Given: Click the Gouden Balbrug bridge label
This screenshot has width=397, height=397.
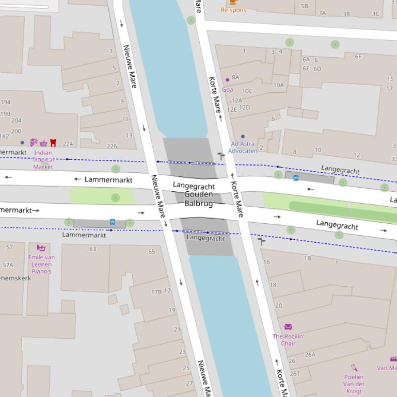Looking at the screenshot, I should coord(198,198).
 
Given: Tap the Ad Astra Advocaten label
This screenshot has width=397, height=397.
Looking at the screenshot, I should coord(243,147).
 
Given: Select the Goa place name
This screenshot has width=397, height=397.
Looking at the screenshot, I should coord(227,89).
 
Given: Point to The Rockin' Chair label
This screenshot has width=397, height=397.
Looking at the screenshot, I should coord(288,340).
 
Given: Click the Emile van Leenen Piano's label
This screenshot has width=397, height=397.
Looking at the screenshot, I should coord(41,264).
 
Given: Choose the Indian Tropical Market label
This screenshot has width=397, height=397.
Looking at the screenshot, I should coord(43,160).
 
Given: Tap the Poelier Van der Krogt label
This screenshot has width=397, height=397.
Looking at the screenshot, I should coord(354,384).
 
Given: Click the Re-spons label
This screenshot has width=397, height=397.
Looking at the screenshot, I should coord(233,10).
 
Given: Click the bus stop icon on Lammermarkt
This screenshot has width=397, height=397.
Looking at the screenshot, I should coord(113,222).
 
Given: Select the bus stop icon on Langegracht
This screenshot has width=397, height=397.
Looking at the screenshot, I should coord(296,178).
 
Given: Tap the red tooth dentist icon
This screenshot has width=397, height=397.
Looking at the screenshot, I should coord(53,143).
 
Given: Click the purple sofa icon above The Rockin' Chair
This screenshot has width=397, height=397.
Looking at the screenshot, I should coord(288,327).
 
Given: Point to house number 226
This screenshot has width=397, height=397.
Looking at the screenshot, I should coord(112,146).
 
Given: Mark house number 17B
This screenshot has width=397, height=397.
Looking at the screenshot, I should coord(156,292).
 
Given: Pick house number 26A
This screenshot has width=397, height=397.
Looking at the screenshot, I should coord(310,354).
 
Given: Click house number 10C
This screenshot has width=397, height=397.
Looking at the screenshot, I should coord(247,91).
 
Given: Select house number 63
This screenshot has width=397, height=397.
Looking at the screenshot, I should coord(93,249).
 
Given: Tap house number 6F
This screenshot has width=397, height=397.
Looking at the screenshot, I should coord(358,57).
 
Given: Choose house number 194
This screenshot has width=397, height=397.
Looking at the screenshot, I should coord(5,102).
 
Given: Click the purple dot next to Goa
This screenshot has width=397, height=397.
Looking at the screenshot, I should coord(227,80).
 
